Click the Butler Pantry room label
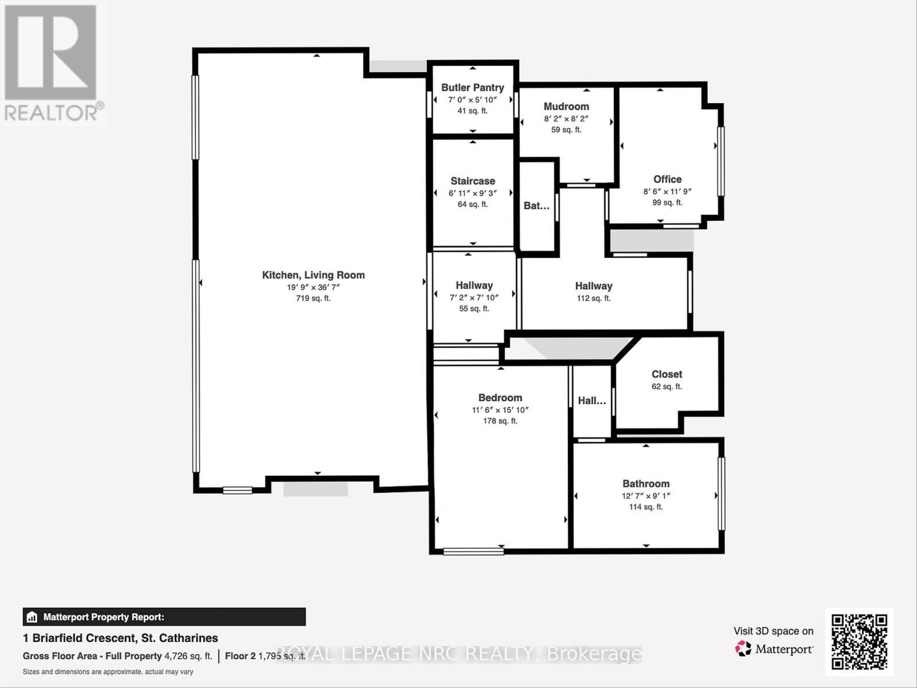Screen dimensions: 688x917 pos(472,88)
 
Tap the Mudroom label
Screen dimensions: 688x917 pos(566,107)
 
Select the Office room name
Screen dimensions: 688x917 pos(667,179)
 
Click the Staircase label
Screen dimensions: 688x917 pos(472,181)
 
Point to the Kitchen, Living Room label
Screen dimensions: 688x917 pos(313,275)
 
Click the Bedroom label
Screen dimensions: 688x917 pos(500,398)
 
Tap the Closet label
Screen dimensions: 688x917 pos(667,374)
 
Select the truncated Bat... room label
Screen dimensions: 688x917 pos(536,206)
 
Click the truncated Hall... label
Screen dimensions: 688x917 pos(591,401)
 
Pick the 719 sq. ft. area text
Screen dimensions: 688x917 pos(313,298)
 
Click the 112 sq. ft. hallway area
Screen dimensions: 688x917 pos(593,298)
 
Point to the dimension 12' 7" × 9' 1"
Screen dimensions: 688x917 pos(646,496)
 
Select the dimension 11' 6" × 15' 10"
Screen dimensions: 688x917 pos(500,410)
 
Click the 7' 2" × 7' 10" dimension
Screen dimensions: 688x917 pos(474,297)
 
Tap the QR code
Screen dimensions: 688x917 pos(859,642)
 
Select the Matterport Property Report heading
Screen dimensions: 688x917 pos(103,617)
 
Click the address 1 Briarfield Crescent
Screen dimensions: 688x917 pos(120,638)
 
